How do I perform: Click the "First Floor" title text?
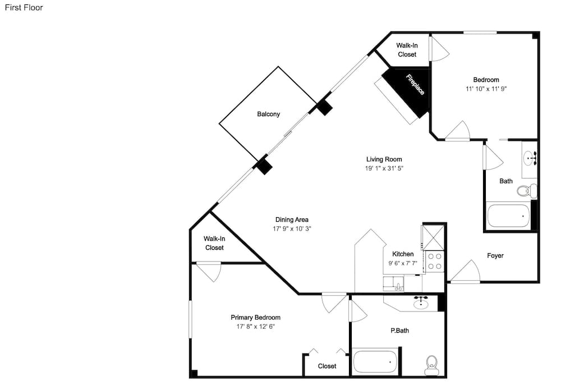[x=24, y=7]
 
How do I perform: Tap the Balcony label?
[x=268, y=114]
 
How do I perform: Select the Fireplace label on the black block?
[x=415, y=84]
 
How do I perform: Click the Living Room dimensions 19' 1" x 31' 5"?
[x=384, y=168]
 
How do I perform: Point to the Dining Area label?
[x=292, y=219]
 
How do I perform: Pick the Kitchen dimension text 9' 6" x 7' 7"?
[x=403, y=263]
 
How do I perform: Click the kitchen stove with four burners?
[x=435, y=261]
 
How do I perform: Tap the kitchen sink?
[x=393, y=283]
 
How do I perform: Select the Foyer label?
[x=495, y=255]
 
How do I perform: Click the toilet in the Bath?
[x=527, y=190]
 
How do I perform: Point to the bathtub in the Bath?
[x=508, y=216]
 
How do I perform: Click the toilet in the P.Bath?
[x=432, y=365]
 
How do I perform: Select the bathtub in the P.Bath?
[x=375, y=362]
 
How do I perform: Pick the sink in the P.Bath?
[x=421, y=304]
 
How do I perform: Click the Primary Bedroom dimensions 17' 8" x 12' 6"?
[x=255, y=326]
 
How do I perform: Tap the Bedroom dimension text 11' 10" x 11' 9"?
[x=486, y=89]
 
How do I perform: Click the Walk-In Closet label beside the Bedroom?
[x=407, y=50]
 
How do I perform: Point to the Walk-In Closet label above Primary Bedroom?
[x=214, y=243]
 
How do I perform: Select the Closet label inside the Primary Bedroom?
[x=327, y=366]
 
